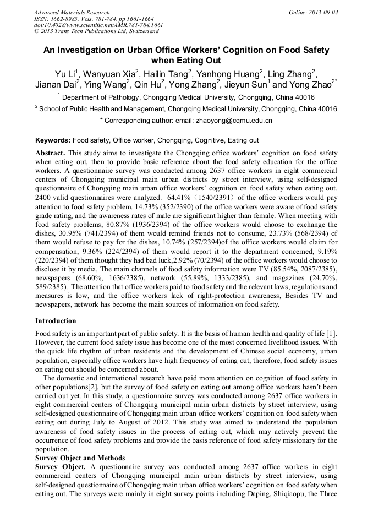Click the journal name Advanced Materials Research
point(72,12)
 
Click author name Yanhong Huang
point(228,74)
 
